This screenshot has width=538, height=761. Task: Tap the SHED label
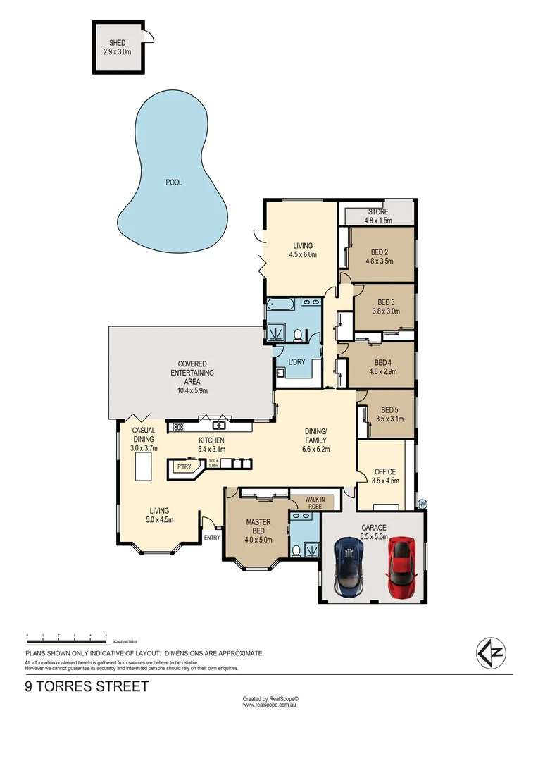tap(117, 43)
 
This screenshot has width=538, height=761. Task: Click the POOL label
tap(173, 182)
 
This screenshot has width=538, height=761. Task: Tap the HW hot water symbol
tap(423, 504)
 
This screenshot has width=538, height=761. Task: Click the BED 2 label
tap(380, 252)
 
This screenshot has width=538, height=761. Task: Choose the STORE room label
tap(378, 211)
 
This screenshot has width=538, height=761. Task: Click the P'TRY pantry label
tap(184, 466)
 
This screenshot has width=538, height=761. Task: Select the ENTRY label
tap(211, 538)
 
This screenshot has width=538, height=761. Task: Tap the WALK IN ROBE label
tap(313, 502)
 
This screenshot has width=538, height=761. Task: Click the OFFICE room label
tap(385, 472)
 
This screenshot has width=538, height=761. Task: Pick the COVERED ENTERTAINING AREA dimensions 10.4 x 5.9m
tap(192, 390)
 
